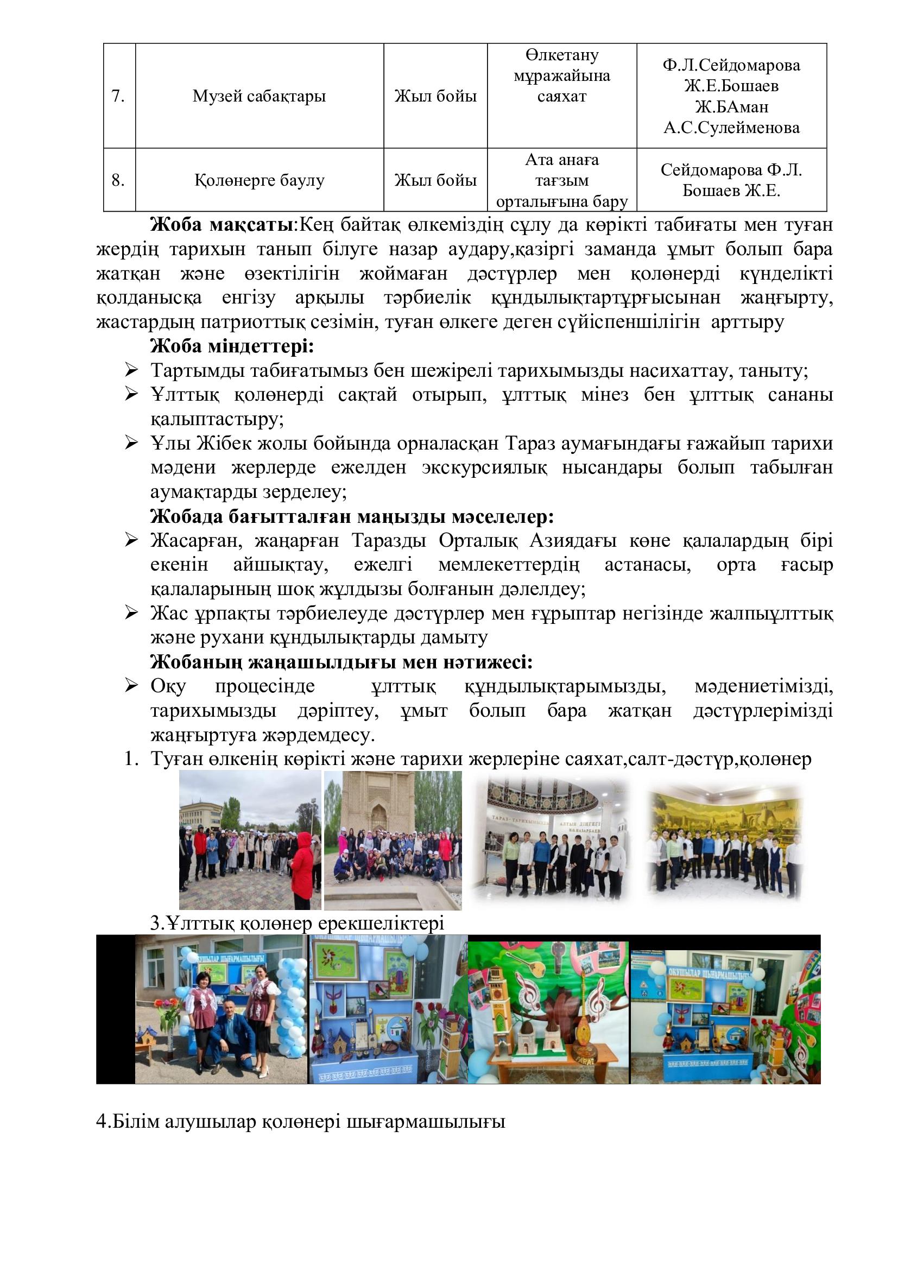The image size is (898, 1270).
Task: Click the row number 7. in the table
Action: (118, 96)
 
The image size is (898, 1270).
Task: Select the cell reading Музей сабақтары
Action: (259, 96)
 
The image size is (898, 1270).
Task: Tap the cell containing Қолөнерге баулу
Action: (259, 180)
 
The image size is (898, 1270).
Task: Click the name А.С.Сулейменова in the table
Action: (731, 128)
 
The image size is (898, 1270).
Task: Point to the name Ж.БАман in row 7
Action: (731, 107)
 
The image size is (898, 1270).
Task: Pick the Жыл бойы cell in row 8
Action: (435, 180)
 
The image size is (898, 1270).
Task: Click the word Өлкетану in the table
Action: (561, 55)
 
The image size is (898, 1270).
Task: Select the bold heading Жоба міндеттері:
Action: (232, 347)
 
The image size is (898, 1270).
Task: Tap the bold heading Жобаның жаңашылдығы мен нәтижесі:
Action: (341, 662)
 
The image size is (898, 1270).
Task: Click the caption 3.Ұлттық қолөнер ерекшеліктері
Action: (298, 924)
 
